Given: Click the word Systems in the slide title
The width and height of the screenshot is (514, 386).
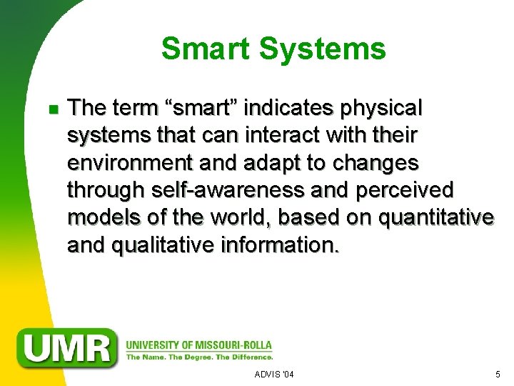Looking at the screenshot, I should point(325,49).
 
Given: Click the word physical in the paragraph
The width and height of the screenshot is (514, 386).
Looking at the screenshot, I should point(382,109).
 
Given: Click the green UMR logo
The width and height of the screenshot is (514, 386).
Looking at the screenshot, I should point(69,347).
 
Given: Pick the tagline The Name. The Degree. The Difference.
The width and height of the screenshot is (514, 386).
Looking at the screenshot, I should point(199,357).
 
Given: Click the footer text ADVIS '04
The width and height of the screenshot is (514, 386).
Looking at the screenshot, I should point(274,375).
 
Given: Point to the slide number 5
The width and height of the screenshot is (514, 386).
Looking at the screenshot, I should point(498,375).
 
